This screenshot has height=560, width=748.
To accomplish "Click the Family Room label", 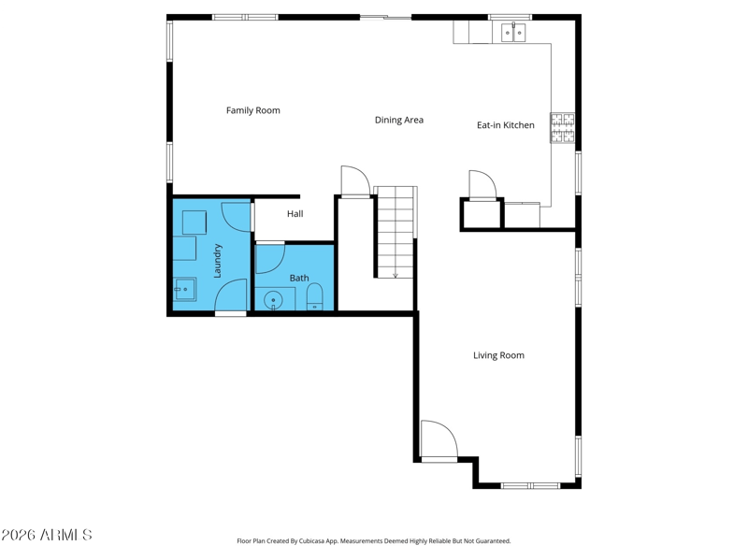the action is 252,110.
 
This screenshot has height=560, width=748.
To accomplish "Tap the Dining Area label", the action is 399,120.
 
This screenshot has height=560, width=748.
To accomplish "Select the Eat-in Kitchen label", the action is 506,125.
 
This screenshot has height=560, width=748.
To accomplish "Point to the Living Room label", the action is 498,355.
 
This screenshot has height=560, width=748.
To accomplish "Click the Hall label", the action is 295,214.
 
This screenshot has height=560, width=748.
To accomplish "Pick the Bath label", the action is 299,278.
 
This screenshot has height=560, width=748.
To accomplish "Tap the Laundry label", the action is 217,261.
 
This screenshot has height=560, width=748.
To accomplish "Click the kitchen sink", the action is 513,33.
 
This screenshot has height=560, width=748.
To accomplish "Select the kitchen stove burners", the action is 563,127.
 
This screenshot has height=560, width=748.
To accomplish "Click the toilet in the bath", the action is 314,296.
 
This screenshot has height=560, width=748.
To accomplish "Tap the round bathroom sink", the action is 273,301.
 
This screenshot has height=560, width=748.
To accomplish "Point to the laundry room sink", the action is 184,289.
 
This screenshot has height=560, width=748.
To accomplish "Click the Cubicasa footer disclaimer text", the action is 373,541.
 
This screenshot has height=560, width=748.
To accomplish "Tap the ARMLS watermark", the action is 46,535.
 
